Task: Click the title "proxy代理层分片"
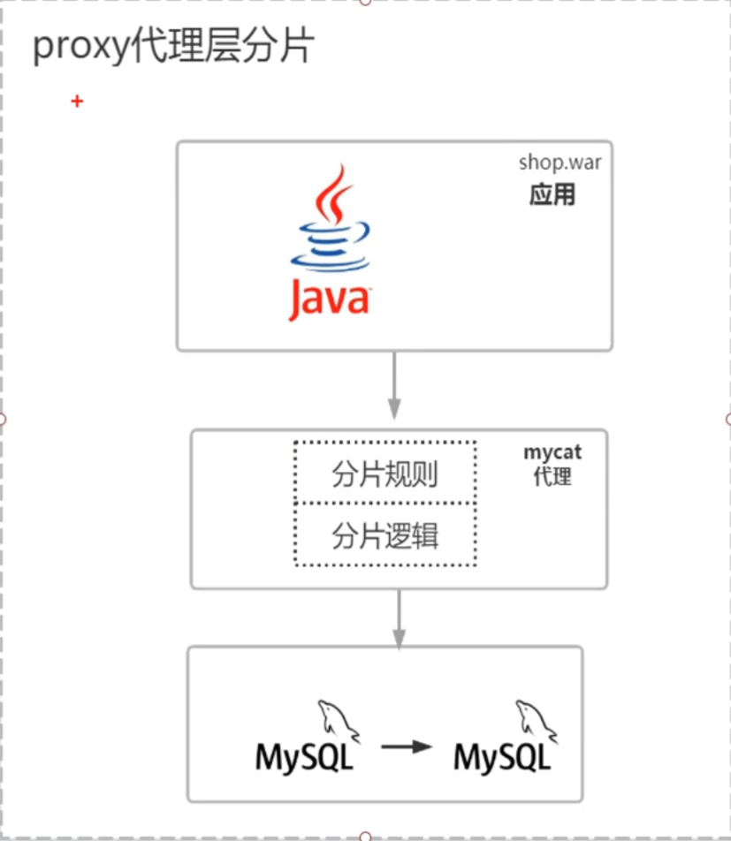(173, 47)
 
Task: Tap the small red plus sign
(77, 102)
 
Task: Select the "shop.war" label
(560, 164)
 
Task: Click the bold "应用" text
(552, 194)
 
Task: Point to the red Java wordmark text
(328, 298)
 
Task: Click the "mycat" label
(552, 452)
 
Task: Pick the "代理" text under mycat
(552, 477)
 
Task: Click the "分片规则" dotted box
(385, 474)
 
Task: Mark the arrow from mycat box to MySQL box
(399, 617)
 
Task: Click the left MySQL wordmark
(304, 757)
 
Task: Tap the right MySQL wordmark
(502, 757)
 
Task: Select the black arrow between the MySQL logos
(407, 746)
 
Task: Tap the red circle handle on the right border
(727, 419)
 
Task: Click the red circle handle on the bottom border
(365, 837)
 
